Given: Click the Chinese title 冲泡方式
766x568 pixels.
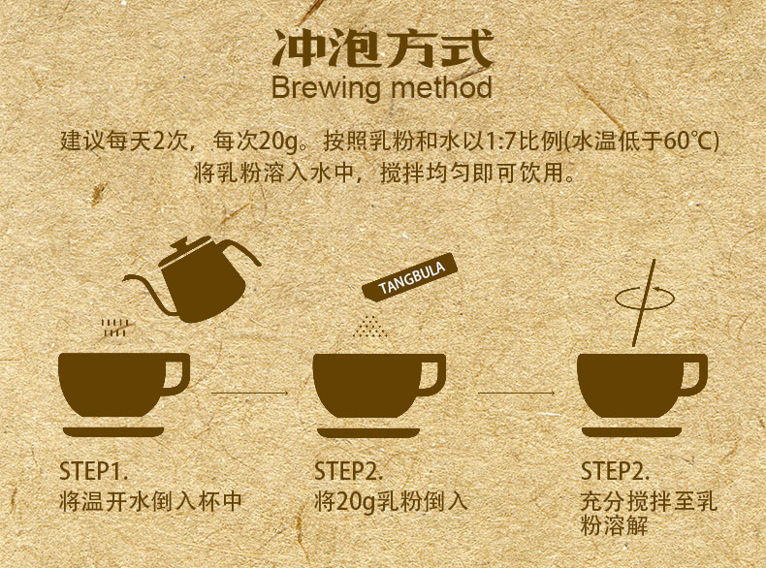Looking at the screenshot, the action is pos(382,48).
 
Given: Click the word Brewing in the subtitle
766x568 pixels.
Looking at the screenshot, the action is pos(326,88).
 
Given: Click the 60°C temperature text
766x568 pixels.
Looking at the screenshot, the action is pos(687,142).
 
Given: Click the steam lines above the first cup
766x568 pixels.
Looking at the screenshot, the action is pos(114,328).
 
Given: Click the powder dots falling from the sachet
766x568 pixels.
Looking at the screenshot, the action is pos(370,327).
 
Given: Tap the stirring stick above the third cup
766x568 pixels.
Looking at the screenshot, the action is pos(644,302).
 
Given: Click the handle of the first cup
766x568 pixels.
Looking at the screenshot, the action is pos(176,373).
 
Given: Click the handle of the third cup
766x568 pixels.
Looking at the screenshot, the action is pos(694,374).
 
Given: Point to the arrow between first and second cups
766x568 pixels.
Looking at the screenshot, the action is pos(249,393).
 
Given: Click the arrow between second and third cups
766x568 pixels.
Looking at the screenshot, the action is pos(517,393).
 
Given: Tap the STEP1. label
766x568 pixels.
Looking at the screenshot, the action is pos(93,471).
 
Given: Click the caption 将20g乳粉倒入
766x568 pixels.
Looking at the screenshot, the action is pos(391,501).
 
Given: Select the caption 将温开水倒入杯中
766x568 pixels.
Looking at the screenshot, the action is pos(151,501).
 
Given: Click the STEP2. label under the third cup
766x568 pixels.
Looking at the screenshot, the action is pos(615,471).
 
